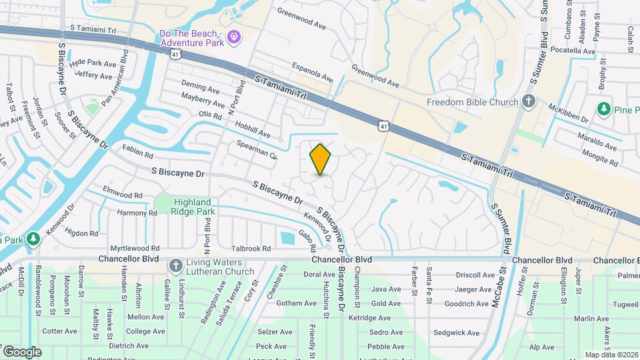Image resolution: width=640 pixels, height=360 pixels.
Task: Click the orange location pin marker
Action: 320,159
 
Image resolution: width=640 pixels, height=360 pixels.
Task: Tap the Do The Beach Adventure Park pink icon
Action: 233,37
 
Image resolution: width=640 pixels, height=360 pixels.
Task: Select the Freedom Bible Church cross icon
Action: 529,102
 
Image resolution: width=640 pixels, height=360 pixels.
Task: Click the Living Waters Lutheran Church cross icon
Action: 175,265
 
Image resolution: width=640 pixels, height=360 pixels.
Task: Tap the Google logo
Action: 22,351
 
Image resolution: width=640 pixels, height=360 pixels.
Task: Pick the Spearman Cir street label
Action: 257,149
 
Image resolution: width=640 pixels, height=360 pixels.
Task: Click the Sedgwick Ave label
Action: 456,333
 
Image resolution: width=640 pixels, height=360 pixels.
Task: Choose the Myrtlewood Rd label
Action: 135,248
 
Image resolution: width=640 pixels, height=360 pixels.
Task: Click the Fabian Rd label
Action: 138,152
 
